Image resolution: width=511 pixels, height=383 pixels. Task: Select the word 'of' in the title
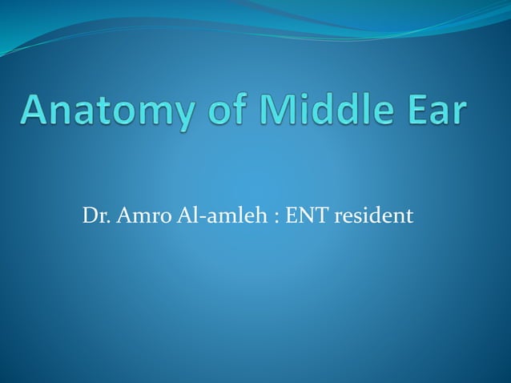[x=224, y=111]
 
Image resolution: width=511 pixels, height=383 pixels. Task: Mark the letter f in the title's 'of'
[x=238, y=110]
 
